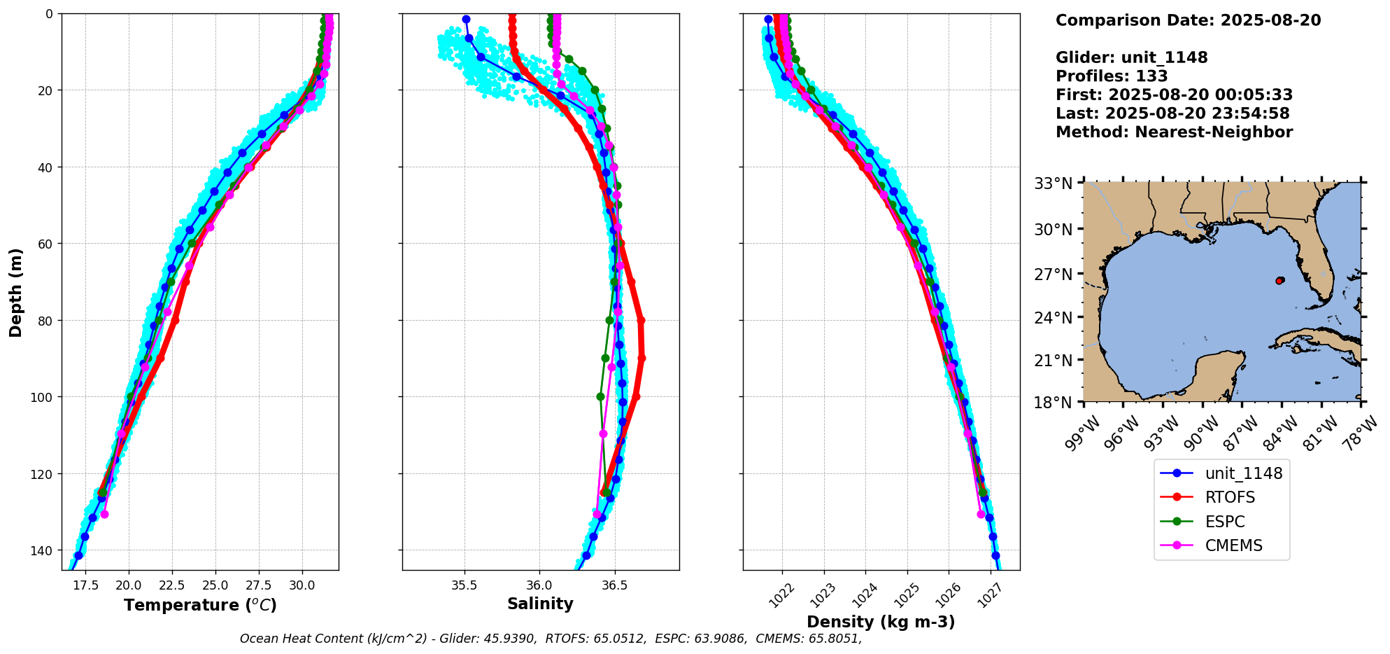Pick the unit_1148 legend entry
coord(1221,473)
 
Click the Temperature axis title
coord(200,605)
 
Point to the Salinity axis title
coord(540,604)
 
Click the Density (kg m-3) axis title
coord(881,622)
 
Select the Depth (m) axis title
coord(15,292)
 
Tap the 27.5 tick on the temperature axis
coord(258,585)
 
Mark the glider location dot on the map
coord(1279,281)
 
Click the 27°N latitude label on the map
coord(1054,274)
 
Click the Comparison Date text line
coord(1188,20)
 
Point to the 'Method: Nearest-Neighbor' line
coord(1174,132)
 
